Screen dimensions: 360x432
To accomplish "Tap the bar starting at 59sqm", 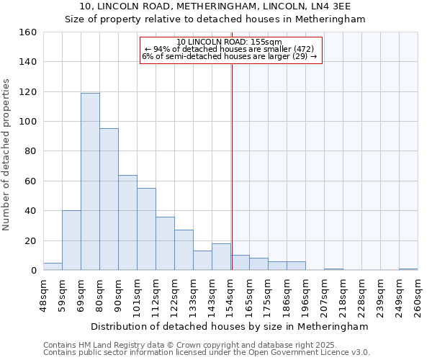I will (71, 240).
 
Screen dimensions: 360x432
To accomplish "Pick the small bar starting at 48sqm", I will (53, 266).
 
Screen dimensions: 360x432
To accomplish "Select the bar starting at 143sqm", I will (221, 257).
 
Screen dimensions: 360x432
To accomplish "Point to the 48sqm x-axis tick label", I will (44, 293).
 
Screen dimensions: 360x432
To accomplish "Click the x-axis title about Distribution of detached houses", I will (230, 326).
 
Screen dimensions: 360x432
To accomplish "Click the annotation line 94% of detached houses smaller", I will (230, 49).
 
